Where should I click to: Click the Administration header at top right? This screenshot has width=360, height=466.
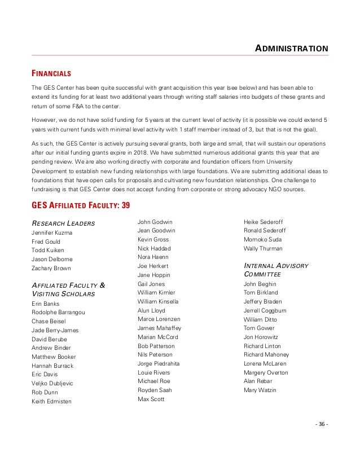pos(291,48)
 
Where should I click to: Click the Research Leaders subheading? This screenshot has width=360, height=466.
pos(63,223)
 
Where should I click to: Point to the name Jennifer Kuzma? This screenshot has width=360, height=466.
pos(52,232)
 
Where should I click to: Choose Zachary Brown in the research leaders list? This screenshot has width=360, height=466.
pos(51,268)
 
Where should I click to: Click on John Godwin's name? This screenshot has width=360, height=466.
pos(155,222)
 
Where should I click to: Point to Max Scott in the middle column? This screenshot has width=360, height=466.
pos(151,399)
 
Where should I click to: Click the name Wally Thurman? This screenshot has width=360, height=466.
pos(263,248)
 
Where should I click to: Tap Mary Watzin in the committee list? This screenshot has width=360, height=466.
pos(260,390)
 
